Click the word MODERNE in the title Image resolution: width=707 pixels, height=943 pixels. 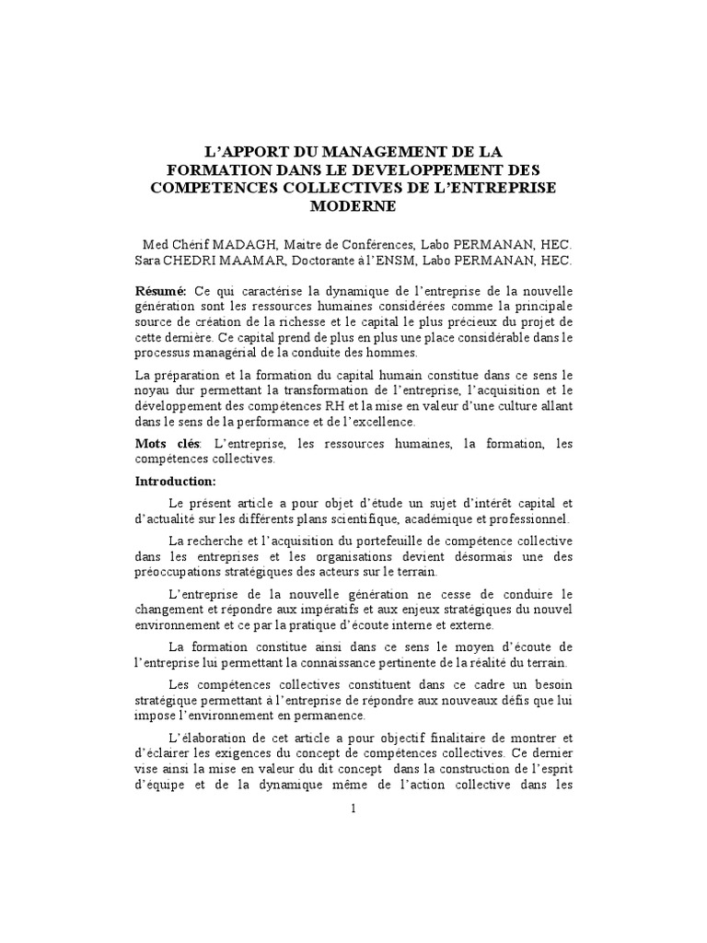[353, 207]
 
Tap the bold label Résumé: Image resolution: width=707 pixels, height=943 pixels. [161, 290]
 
